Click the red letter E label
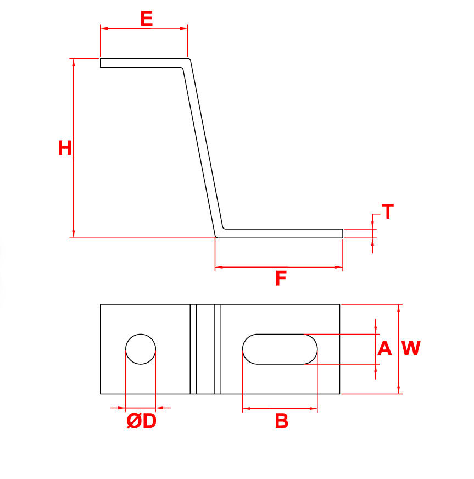147,18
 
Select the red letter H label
65,148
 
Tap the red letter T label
388,211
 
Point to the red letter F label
281,278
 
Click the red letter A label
384,349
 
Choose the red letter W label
411,348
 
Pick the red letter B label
281,421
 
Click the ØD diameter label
141,421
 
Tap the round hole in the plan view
141,349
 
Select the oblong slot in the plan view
280,349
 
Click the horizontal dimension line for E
144,29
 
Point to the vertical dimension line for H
73,148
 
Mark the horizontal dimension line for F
279,268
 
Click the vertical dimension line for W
398,349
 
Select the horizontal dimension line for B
280,409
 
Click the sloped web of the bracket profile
203,148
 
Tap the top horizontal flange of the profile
143,63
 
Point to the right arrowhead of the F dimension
339,268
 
